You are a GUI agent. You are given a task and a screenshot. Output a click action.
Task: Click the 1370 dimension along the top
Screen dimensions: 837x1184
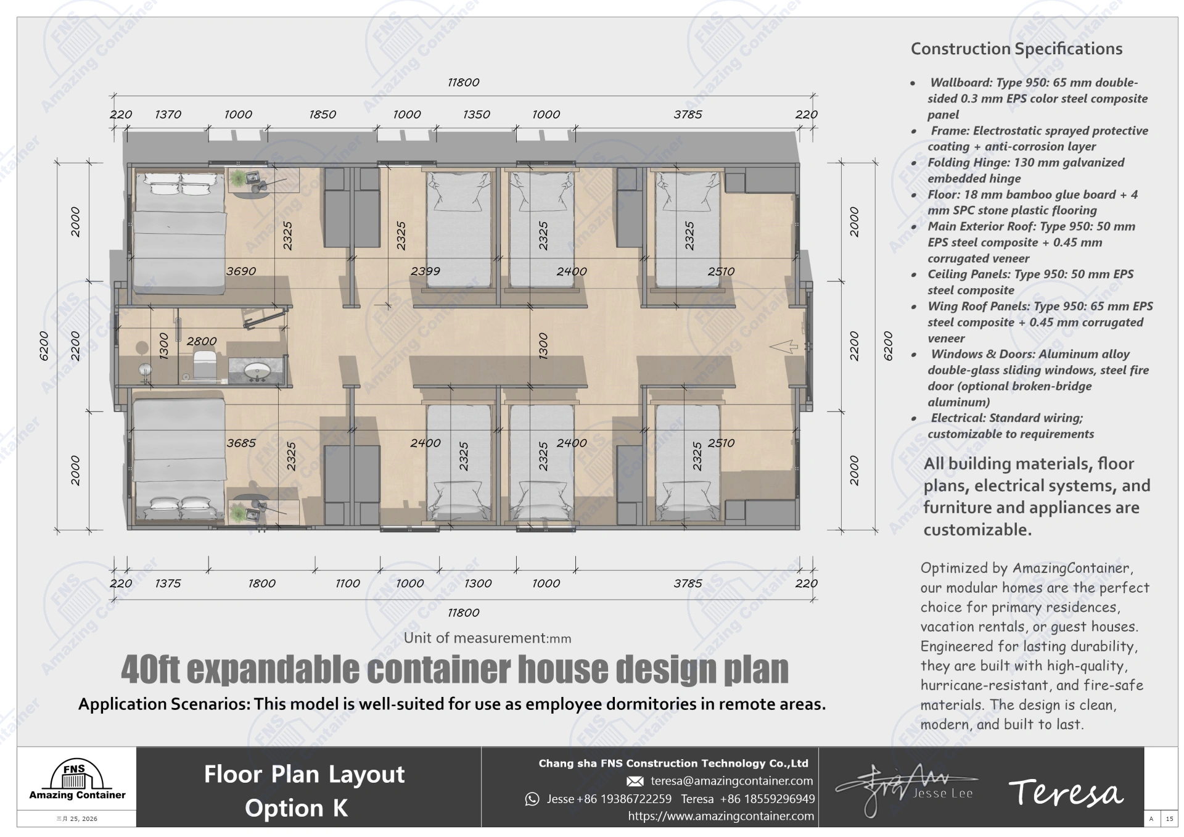[x=168, y=114]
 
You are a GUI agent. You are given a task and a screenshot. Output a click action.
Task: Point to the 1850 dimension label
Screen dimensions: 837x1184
[x=323, y=114]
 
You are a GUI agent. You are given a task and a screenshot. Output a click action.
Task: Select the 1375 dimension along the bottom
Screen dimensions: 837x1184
[x=168, y=583]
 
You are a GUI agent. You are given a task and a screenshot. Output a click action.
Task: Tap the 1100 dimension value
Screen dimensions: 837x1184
[x=348, y=583]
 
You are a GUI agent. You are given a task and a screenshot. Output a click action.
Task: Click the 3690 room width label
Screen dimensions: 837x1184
[x=241, y=271]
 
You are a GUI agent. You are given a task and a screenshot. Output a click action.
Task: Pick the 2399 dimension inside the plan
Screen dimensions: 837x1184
[x=425, y=271]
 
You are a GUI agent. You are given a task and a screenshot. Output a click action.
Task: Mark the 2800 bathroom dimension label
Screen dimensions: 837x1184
[x=202, y=341]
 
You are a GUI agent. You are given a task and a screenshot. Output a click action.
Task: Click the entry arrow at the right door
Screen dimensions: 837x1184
[x=784, y=347]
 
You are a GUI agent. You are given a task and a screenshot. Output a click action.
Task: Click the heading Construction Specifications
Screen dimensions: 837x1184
[x=1016, y=49]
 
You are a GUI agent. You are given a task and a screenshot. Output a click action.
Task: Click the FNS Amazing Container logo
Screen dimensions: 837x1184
[x=77, y=780]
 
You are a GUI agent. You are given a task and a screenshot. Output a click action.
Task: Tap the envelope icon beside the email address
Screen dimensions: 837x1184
[x=635, y=781]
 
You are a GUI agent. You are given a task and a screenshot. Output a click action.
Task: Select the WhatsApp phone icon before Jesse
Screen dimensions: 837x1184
[x=532, y=799]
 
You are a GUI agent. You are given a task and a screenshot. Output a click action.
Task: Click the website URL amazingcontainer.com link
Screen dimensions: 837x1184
[x=721, y=816]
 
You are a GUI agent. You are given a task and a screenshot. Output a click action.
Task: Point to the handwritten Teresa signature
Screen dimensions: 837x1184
[x=1066, y=793]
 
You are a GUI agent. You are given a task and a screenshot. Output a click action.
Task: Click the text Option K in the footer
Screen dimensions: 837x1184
[x=296, y=808]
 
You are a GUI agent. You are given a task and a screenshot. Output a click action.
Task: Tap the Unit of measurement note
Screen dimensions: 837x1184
[x=487, y=638]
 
